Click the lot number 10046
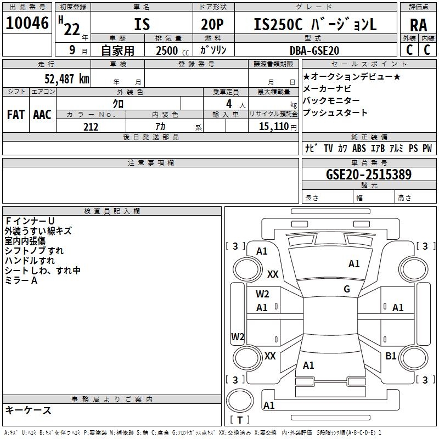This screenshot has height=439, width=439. pos(27,23)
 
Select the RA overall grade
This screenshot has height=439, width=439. pos(419,25)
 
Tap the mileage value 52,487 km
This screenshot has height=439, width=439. pos(67,78)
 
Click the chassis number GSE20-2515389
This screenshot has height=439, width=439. pos(369,174)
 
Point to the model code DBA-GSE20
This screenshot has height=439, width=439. pos(314,50)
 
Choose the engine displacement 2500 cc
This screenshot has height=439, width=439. pos(172,50)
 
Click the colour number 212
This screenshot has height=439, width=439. pos(91,127)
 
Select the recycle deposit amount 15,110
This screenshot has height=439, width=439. pos(273,127)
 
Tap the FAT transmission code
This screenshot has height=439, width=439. pos(16,115)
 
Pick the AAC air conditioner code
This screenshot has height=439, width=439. pos(42,115)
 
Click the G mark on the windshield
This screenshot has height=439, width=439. pos(347,289)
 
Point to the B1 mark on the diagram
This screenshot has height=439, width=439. pos(391,356)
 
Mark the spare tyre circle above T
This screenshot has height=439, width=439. pos(240,401)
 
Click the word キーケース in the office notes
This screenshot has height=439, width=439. pos(29,410)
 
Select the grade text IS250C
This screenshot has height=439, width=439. pos(278,24)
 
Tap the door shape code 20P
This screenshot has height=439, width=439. pos(212,24)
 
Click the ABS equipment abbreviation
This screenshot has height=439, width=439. pos(359,148)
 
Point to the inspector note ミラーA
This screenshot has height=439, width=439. pos(21,280)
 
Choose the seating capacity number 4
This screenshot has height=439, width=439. pos(229,104)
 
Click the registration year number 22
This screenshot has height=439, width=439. pos(72,29)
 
